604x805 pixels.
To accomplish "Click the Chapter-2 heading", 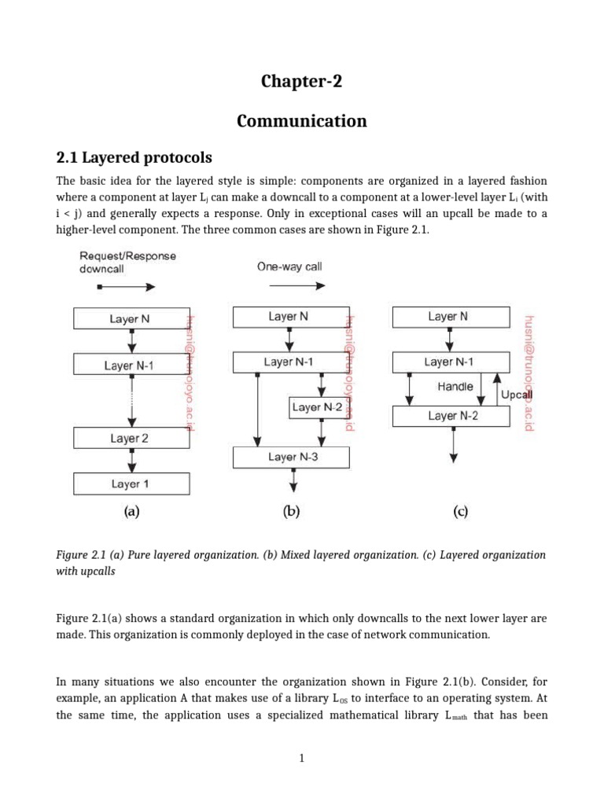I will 302,82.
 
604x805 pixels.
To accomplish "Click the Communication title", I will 302,121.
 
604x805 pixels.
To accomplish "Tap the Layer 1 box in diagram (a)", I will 131,483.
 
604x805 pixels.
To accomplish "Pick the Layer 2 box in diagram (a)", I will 131,438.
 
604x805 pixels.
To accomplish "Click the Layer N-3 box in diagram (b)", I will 293,457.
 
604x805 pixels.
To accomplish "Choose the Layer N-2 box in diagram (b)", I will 317,407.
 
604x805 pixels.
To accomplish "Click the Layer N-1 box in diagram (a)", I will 131,365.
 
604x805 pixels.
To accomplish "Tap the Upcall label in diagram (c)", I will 516,395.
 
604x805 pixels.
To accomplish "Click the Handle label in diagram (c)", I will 455,386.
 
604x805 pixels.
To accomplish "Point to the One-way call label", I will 289,266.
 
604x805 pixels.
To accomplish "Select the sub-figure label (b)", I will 292,511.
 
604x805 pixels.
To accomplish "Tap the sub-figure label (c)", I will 460,511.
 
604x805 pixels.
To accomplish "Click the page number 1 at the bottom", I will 302,758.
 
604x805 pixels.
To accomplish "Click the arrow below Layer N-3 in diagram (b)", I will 293,480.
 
